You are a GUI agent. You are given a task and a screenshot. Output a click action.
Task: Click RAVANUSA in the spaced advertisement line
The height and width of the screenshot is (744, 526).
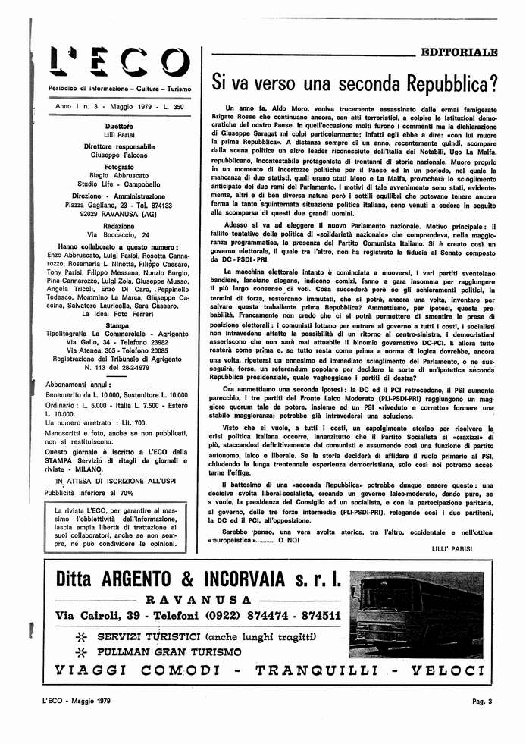pos(201,600)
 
